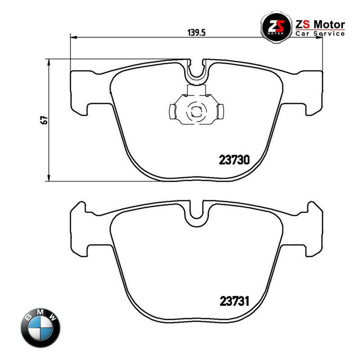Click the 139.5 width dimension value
point(197,32)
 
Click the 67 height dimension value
point(44,120)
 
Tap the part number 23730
point(234,160)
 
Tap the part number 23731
point(234,301)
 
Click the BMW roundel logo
point(40,328)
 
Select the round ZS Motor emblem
point(276,27)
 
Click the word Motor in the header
point(329,24)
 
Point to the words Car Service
point(320,33)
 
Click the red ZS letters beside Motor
point(302,24)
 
